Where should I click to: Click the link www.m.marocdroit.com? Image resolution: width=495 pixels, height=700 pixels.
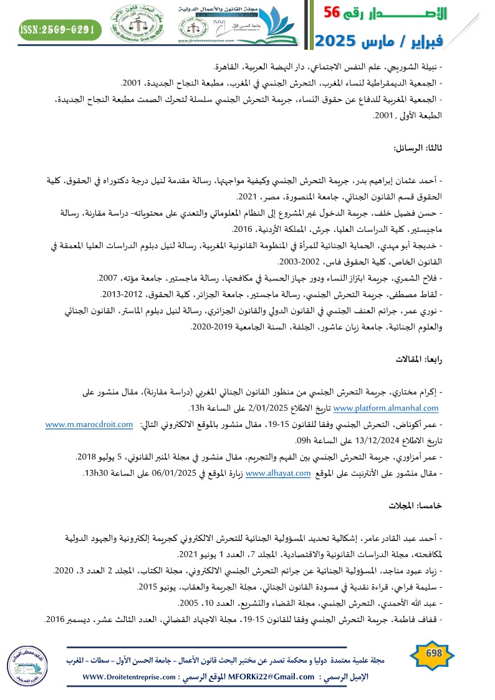point(89,425)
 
